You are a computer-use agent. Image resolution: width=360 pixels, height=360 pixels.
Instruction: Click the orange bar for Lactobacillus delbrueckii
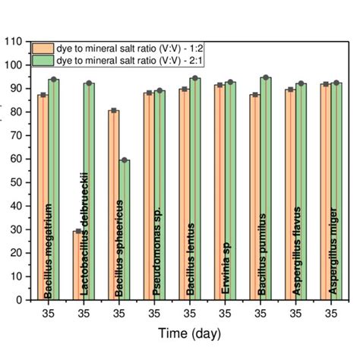(77, 265)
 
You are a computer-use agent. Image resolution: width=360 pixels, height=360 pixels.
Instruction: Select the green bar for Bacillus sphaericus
(124, 228)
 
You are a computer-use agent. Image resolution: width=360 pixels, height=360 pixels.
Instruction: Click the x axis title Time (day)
(189, 333)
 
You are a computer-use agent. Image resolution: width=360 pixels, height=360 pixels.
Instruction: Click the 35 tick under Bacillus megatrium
(49, 311)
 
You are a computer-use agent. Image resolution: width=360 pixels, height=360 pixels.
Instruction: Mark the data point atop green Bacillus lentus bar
(194, 78)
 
